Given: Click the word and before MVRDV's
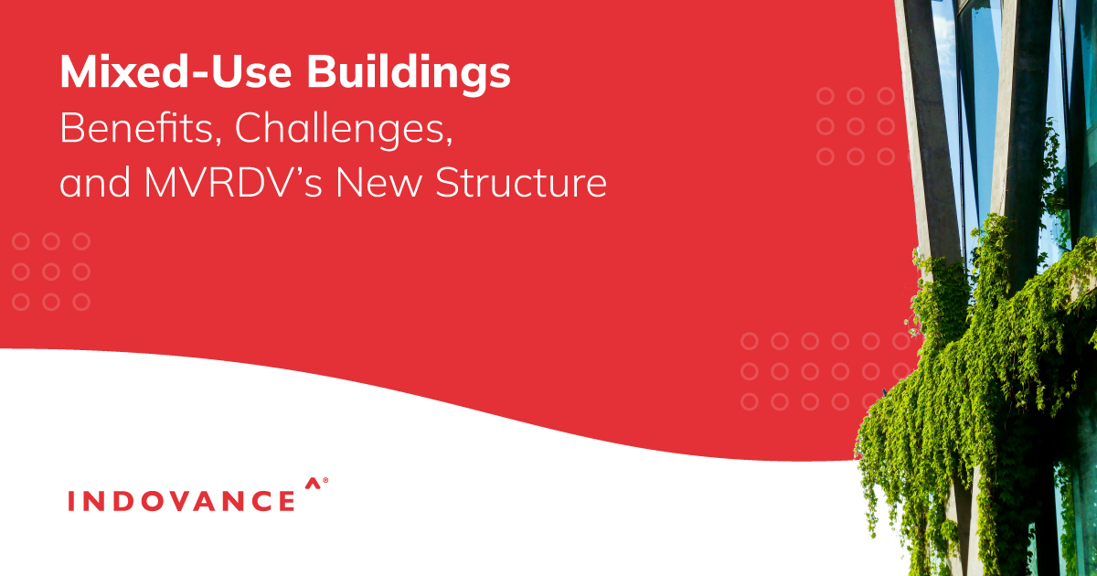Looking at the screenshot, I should click(87, 183).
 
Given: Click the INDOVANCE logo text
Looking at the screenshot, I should click(182, 501).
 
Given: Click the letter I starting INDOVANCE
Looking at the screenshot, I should click(72, 501).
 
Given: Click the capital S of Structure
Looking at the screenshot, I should click(446, 183).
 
